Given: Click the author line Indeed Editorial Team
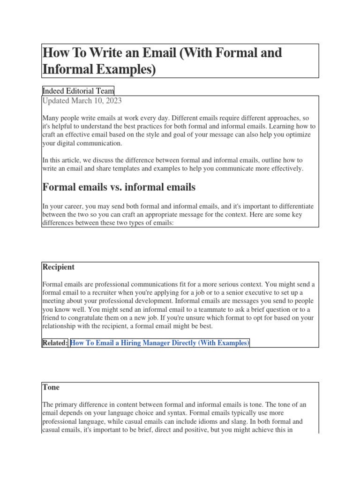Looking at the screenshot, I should pos(78,91).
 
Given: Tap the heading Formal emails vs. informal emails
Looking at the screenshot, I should pos(119,187).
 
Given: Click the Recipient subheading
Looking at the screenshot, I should pos(58,267).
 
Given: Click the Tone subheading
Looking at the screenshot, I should pos(51,388).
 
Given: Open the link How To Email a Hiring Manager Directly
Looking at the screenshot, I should pos(159,343).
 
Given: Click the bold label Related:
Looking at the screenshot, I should pos(55,343).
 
